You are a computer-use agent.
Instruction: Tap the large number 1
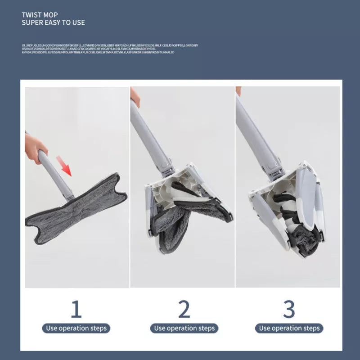tap(76, 309)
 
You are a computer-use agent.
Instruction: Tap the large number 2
tap(184, 309)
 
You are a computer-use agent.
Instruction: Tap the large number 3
tap(289, 309)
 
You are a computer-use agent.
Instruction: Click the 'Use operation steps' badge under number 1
tap(76, 328)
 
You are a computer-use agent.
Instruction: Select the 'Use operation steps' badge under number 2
tap(184, 328)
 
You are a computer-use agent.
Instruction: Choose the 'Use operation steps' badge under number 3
tap(289, 328)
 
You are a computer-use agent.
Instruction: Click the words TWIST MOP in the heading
tap(40, 15)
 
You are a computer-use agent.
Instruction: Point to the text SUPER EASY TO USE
tap(53, 22)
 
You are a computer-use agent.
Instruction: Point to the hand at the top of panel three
tap(238, 90)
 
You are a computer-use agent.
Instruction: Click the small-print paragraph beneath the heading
tap(108, 49)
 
